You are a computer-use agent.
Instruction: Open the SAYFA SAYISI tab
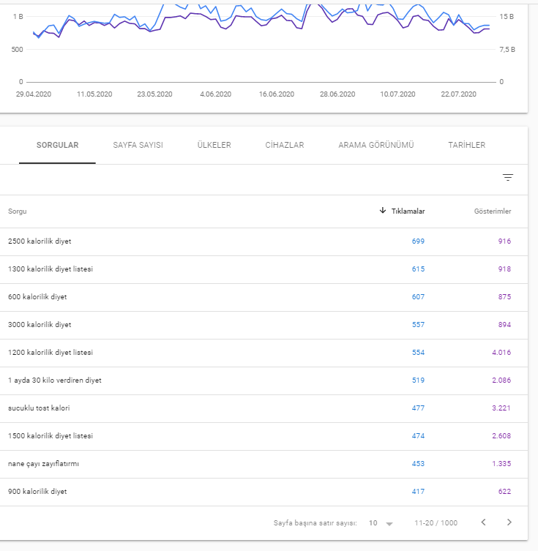click(x=138, y=145)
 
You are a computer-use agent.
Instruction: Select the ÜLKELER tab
click(x=214, y=145)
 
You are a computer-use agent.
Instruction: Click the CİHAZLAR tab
click(x=284, y=145)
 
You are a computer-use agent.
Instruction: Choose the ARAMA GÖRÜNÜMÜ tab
click(x=376, y=145)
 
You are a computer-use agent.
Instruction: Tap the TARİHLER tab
click(x=467, y=145)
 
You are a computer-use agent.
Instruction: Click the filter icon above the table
click(x=508, y=178)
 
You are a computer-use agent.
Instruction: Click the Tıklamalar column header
click(x=408, y=211)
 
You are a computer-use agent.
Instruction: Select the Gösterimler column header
click(x=493, y=211)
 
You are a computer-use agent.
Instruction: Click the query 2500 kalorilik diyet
click(x=40, y=241)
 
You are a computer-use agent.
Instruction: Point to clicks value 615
click(x=418, y=269)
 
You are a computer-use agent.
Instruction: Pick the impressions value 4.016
click(x=501, y=353)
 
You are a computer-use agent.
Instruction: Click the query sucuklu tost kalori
click(x=39, y=408)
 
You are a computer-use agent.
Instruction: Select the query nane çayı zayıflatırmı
click(x=44, y=464)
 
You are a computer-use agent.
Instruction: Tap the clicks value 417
click(x=418, y=492)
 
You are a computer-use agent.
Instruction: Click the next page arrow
click(x=509, y=522)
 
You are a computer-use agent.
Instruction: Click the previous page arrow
click(x=484, y=522)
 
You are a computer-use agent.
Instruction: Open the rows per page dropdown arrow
click(x=389, y=524)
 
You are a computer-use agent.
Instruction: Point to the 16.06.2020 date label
click(x=277, y=94)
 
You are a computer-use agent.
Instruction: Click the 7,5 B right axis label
click(x=507, y=50)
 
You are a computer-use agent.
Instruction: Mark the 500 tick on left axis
click(x=18, y=50)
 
